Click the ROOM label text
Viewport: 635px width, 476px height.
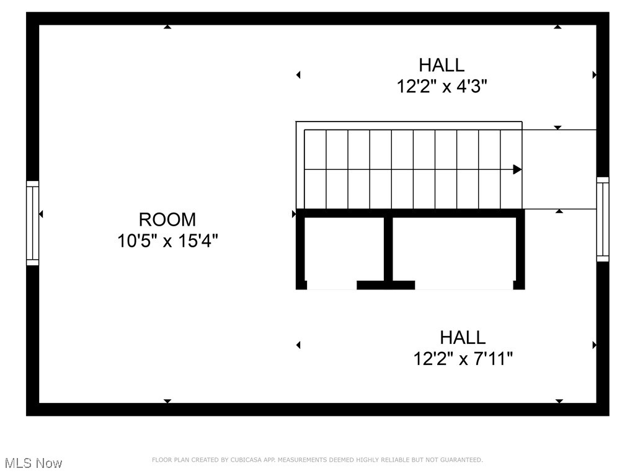[x=167, y=219]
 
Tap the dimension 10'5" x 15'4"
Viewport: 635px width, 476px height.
[x=167, y=240]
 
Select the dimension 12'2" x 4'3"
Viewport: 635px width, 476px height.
[x=442, y=86]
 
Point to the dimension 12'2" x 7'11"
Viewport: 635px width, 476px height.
[x=463, y=358]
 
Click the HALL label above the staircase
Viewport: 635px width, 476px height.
[x=442, y=65]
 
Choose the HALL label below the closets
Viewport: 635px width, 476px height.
[x=463, y=338]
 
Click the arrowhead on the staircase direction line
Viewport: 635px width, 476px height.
[x=517, y=169]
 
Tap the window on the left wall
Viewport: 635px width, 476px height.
[x=32, y=223]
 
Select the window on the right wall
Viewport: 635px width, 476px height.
[x=602, y=219]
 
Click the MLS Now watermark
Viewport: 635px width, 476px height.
[x=33, y=463]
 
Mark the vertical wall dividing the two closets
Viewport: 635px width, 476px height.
[x=388, y=248]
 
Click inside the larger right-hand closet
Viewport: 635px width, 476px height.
[x=453, y=251]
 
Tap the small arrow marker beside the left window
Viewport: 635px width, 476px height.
[x=41, y=214]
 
